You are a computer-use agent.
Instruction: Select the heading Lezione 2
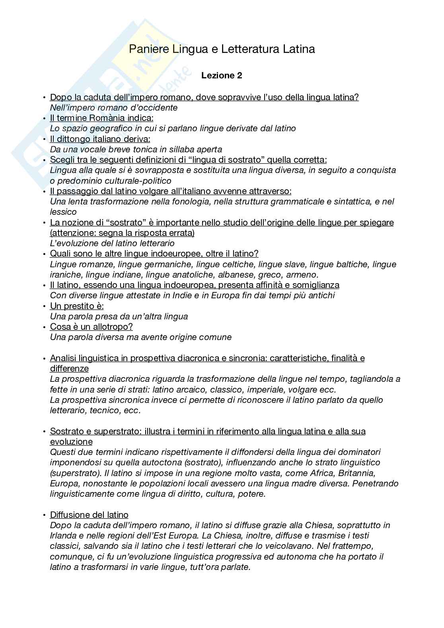[222, 75]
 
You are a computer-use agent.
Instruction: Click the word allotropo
[113, 327]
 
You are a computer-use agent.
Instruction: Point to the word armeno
[304, 274]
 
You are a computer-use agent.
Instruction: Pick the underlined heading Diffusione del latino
[89, 515]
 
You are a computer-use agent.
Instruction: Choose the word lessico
[64, 212]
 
